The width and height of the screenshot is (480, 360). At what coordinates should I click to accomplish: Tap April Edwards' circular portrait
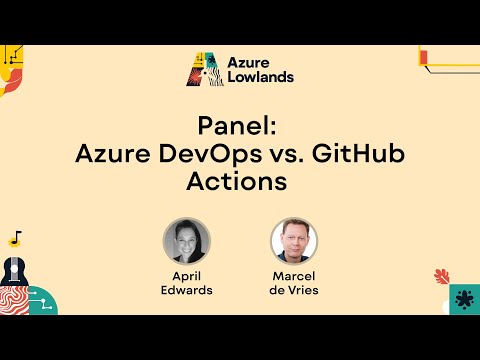tap(187, 241)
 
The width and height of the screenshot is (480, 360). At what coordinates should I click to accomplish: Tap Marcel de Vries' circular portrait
tap(294, 241)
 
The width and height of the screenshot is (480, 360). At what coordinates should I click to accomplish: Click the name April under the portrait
tap(187, 274)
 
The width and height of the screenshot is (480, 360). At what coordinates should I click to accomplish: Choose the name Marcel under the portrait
tap(294, 274)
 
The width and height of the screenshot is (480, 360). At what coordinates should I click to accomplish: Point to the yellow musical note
tap(15, 239)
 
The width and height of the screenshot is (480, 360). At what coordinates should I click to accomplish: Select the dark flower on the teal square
tap(463, 299)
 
